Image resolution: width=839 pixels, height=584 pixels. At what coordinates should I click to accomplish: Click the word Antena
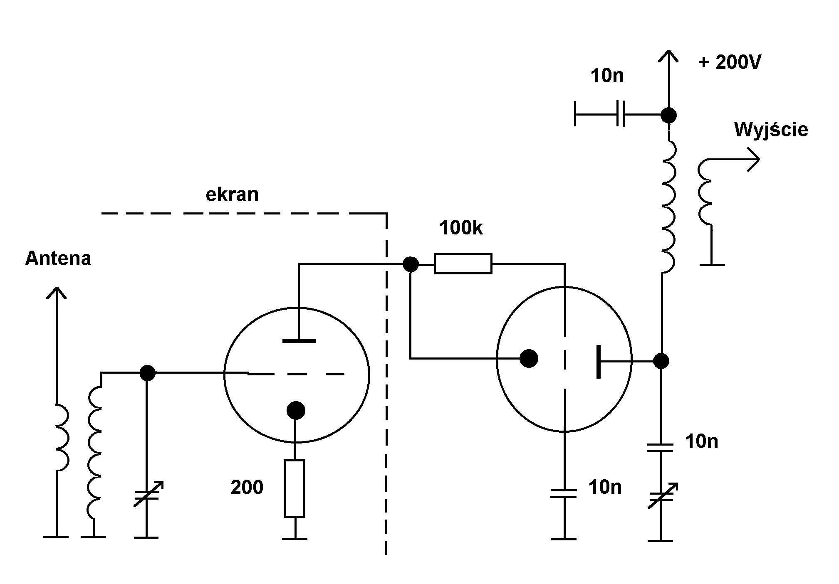click(x=58, y=259)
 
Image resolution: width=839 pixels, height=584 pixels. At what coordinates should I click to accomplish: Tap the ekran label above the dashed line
click(x=232, y=195)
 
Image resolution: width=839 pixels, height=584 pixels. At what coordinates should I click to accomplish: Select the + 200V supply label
click(x=730, y=62)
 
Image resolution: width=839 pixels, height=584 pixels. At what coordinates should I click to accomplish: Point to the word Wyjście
click(x=771, y=129)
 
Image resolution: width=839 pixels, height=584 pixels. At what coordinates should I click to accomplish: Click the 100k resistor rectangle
click(x=463, y=264)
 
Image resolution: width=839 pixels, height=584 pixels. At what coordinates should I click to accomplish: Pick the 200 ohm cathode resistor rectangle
click(x=295, y=488)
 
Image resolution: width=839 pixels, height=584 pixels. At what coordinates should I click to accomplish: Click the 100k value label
click(x=461, y=228)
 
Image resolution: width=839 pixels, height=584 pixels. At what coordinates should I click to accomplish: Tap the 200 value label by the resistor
click(x=247, y=487)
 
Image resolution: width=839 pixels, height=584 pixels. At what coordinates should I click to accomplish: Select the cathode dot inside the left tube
click(x=296, y=410)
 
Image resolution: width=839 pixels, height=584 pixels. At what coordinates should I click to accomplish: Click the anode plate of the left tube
click(x=299, y=341)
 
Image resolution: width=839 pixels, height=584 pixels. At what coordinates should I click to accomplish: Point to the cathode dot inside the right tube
click(x=529, y=358)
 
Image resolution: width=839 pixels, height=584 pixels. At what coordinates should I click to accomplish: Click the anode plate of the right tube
click(x=599, y=361)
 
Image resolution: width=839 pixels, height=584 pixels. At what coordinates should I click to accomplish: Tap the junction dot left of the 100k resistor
click(x=411, y=264)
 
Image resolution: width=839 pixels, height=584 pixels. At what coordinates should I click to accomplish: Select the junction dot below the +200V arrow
click(x=668, y=115)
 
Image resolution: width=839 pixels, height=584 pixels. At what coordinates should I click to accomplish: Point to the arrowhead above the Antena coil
click(x=57, y=293)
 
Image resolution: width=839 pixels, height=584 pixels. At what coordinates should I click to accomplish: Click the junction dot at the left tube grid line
click(x=147, y=373)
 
